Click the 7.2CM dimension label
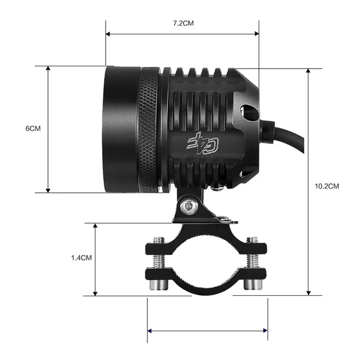[183, 24]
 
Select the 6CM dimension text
[33, 129]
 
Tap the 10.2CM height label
[327, 186]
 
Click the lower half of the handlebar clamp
[206, 283]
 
